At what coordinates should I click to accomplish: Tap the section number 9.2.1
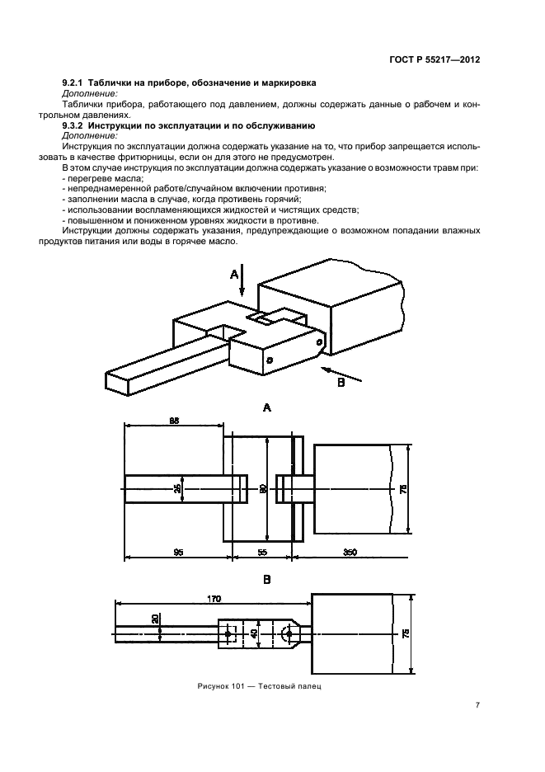[76, 84]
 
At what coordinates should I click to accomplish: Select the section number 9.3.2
[76, 125]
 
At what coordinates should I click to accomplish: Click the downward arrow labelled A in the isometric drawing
[242, 284]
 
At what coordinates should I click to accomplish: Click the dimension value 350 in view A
[350, 552]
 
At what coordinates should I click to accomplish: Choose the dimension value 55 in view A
[262, 552]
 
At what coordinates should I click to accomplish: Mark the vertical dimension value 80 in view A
[263, 488]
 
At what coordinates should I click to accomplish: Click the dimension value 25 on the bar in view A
[178, 488]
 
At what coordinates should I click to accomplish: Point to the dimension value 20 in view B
[155, 619]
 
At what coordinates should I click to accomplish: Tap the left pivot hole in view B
[228, 633]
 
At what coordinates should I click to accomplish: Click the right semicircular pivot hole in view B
[284, 633]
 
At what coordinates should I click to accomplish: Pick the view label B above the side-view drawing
[266, 579]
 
